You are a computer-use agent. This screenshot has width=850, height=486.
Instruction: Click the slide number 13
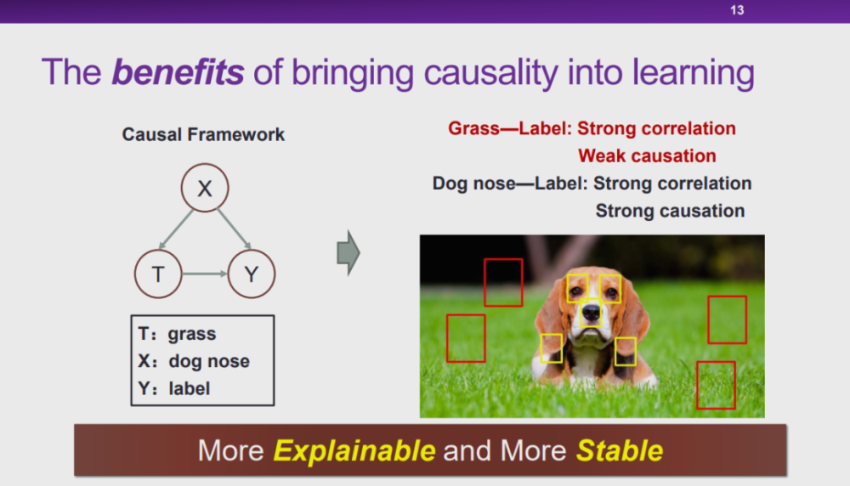click(x=737, y=10)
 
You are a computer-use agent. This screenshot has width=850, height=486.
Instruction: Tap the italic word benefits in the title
click(x=178, y=72)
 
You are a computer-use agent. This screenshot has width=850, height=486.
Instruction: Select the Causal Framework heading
click(x=203, y=134)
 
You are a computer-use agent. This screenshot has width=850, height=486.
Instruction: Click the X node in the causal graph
click(x=205, y=188)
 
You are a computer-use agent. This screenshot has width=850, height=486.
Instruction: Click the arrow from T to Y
click(x=205, y=274)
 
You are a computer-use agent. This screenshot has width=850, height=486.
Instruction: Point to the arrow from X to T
click(x=176, y=229)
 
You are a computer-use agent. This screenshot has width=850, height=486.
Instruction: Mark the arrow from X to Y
click(x=234, y=229)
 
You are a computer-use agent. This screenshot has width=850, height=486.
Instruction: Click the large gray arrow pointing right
click(x=348, y=253)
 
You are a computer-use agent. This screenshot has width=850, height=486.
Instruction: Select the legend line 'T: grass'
click(x=178, y=334)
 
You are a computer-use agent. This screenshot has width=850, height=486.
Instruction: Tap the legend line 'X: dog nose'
click(x=194, y=361)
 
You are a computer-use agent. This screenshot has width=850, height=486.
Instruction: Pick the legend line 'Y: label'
click(x=174, y=388)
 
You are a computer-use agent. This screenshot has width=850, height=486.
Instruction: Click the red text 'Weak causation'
click(x=647, y=156)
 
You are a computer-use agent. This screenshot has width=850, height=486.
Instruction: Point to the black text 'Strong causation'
click(x=670, y=211)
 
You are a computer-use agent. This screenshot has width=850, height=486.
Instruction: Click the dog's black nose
click(x=591, y=312)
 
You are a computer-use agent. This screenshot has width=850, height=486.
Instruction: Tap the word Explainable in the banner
click(x=354, y=451)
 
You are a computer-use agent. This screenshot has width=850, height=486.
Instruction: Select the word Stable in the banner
click(x=620, y=451)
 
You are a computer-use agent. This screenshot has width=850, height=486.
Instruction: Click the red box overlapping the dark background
click(x=503, y=283)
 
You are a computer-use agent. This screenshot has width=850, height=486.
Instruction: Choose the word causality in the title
click(x=490, y=73)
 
